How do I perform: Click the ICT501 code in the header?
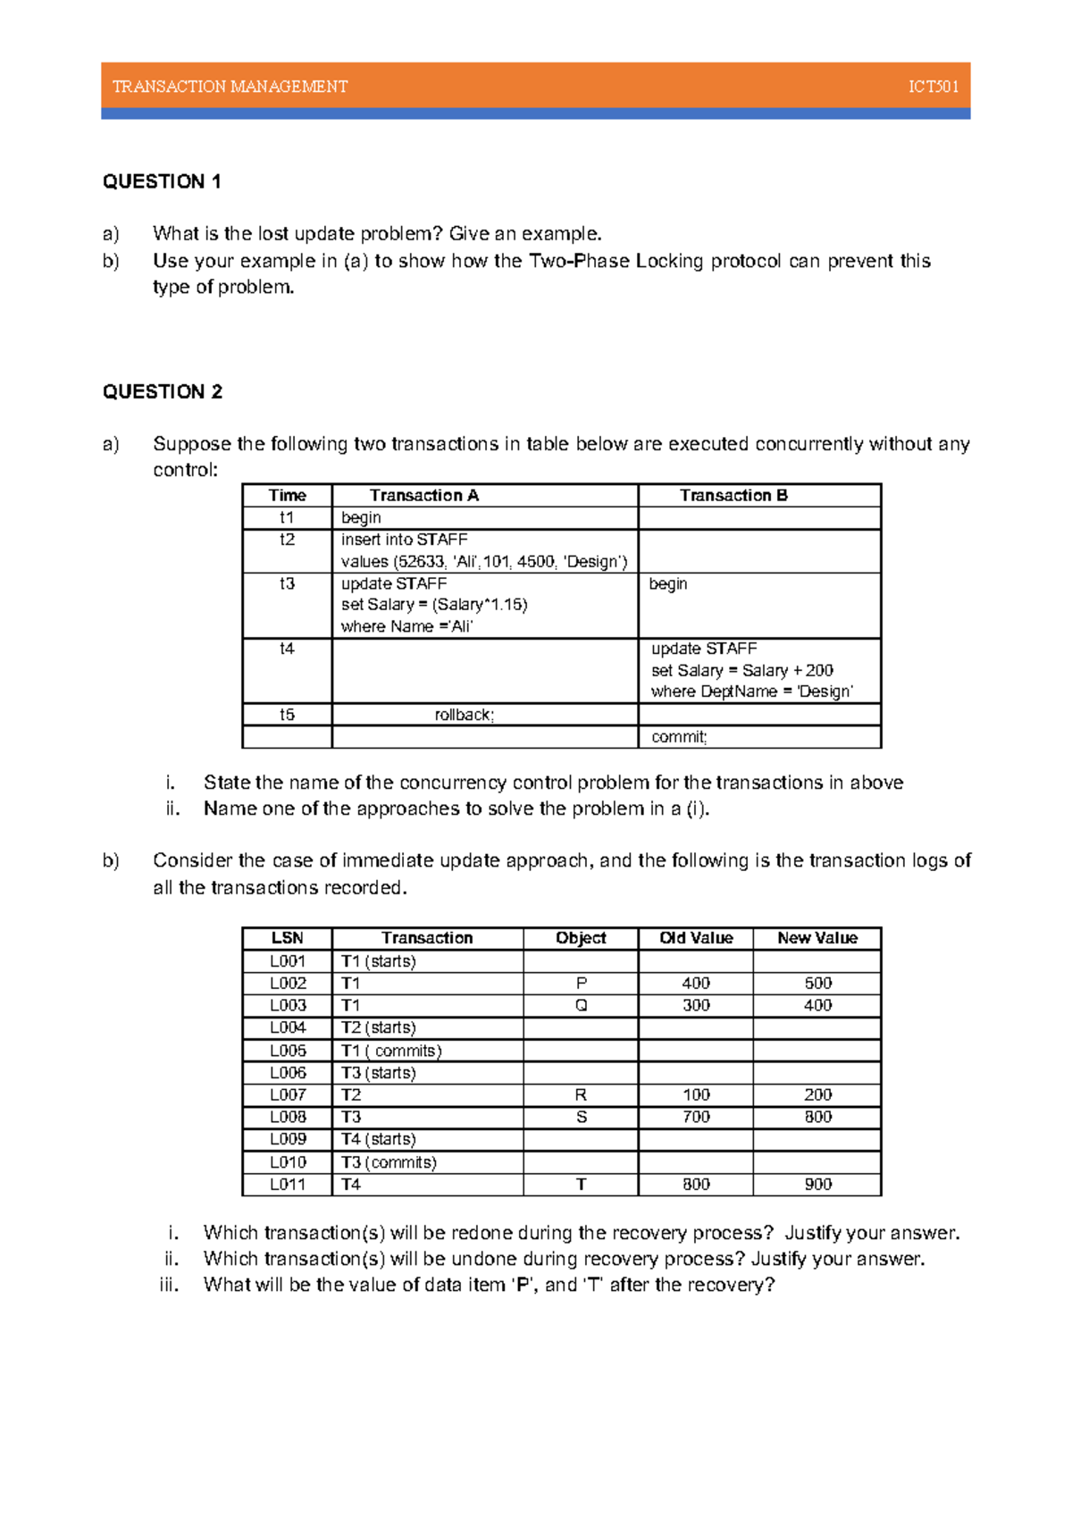click(x=933, y=87)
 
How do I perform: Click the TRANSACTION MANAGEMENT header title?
click(x=230, y=87)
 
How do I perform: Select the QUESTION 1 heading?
click(x=162, y=182)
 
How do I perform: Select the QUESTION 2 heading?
click(x=163, y=392)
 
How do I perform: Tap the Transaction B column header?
click(x=733, y=496)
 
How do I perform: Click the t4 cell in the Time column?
click(x=287, y=649)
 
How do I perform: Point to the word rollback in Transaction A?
click(x=464, y=715)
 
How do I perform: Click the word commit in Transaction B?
click(x=678, y=737)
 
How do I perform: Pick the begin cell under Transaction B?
click(x=668, y=583)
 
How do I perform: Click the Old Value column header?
click(x=696, y=938)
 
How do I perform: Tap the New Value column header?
click(x=817, y=938)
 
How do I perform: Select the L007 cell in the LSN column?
click(x=288, y=1095)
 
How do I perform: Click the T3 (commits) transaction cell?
click(x=389, y=1162)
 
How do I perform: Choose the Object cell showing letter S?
click(x=581, y=1118)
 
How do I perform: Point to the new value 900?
click(x=817, y=1185)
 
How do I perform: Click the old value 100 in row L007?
click(x=696, y=1095)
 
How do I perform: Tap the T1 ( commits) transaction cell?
click(x=391, y=1051)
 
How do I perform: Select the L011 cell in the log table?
click(x=288, y=1185)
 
